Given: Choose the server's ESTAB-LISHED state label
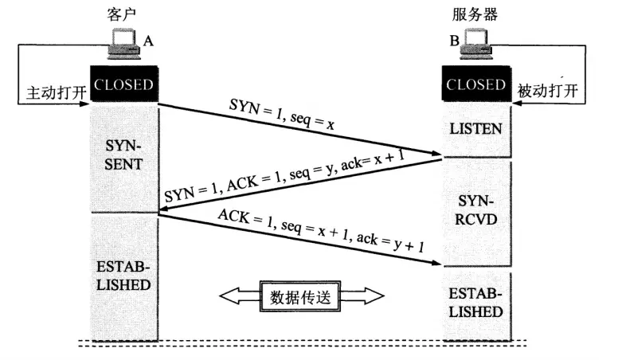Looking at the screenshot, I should tap(475, 302).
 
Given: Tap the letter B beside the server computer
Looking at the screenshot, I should tap(454, 40).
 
